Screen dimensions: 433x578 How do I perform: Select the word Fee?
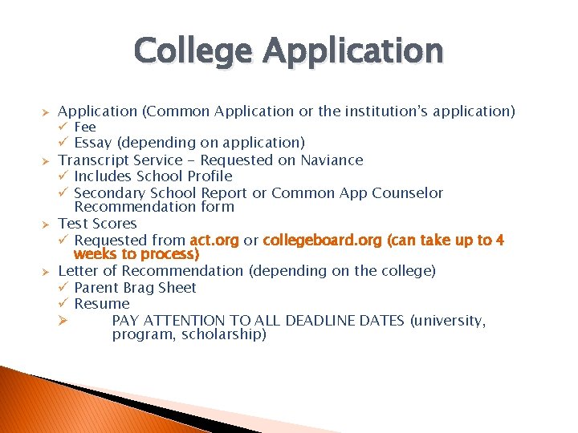85,127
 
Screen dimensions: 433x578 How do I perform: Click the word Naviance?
332,160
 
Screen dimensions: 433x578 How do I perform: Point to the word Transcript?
93,160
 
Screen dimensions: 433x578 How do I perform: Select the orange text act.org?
214,241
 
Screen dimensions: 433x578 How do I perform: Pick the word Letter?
78,271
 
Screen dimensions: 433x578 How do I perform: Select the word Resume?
102,304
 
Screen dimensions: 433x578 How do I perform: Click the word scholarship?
223,334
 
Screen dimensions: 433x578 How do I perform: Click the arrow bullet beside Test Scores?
46,224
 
